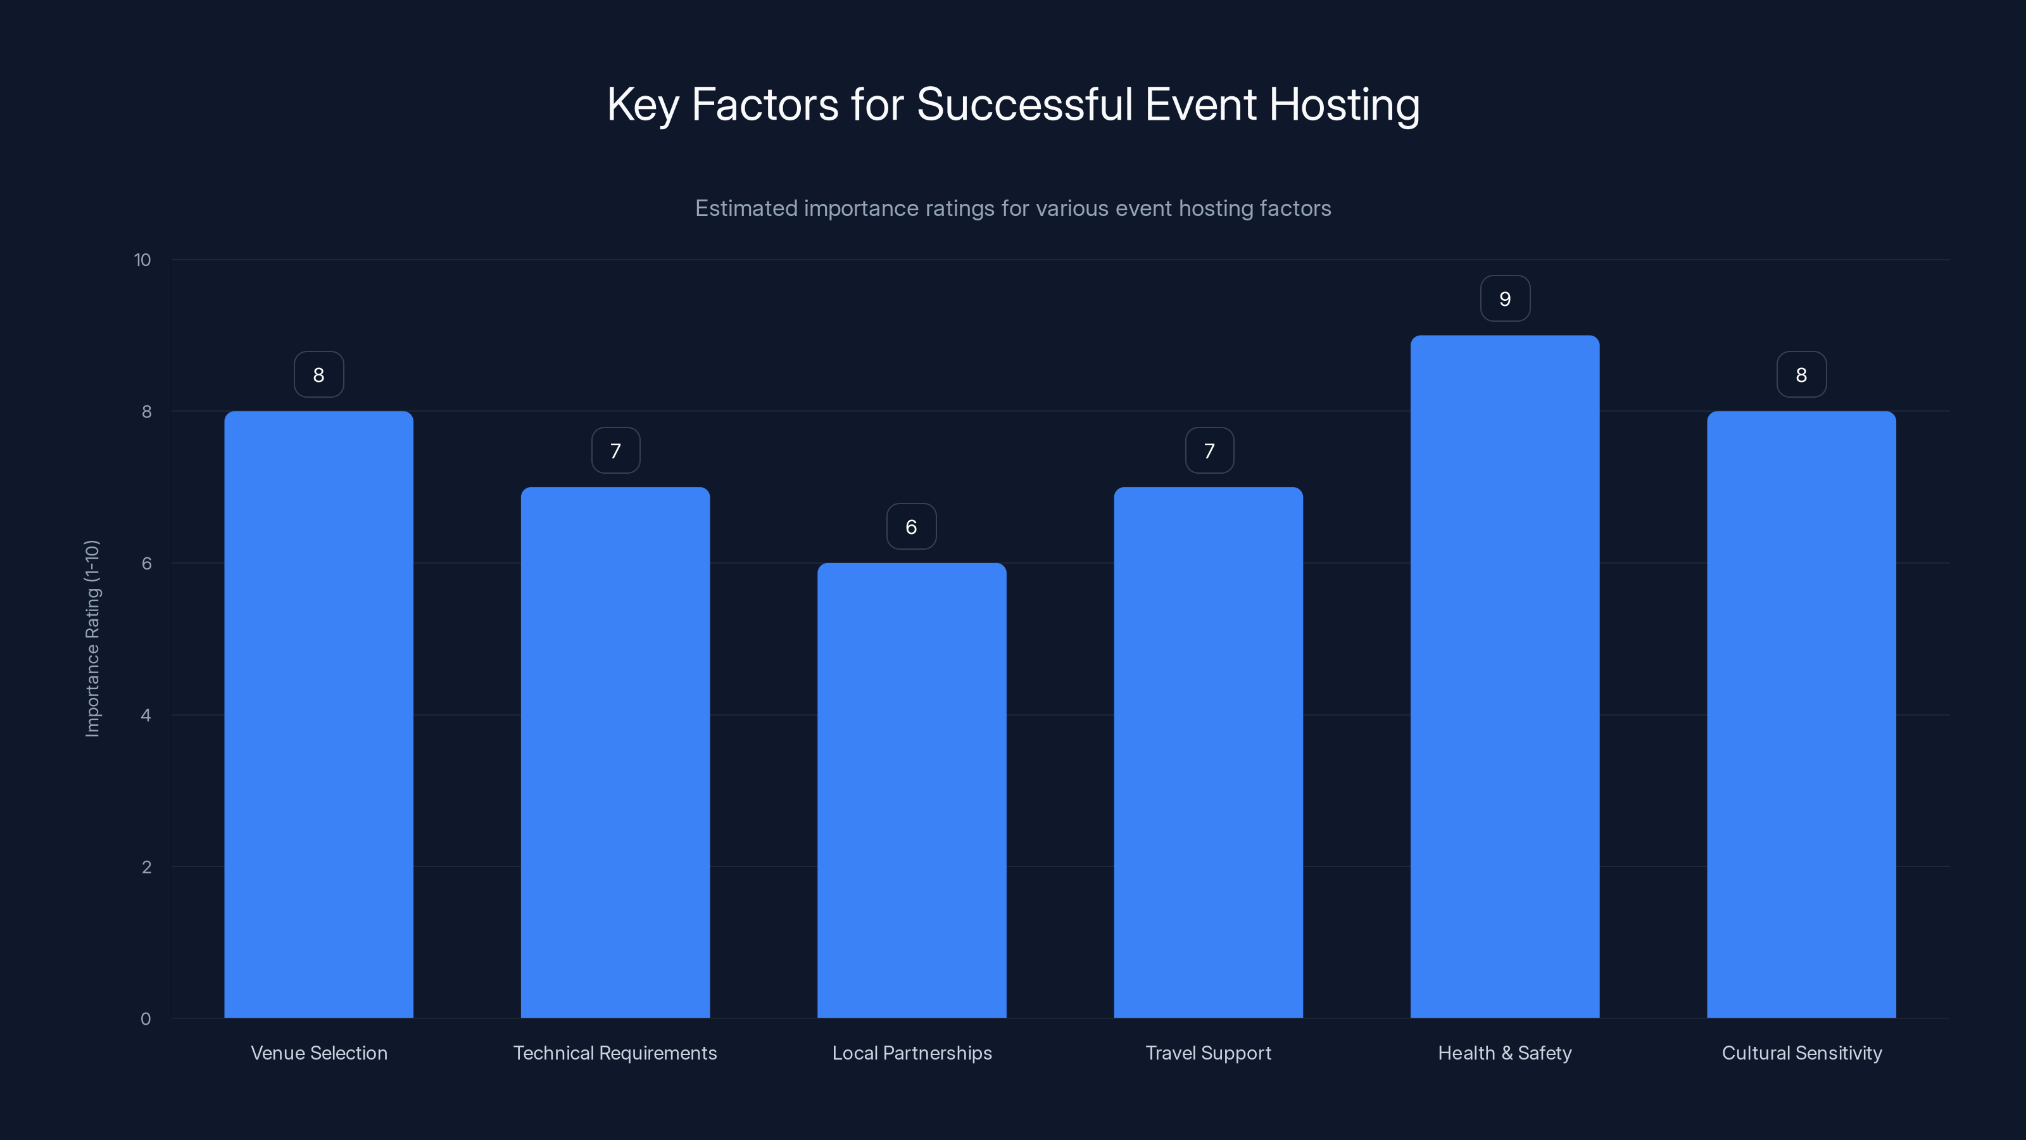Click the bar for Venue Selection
pos(318,714)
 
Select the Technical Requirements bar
pos(615,752)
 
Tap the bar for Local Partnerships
pos(912,790)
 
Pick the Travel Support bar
pos(1208,752)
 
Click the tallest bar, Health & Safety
pos(1504,676)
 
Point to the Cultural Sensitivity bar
pos(1801,714)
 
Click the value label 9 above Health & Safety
pos(1504,299)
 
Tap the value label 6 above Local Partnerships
pos(912,527)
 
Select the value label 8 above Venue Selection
pos(318,376)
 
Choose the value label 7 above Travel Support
pos(1209,451)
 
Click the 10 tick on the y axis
pos(142,260)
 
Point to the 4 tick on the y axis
pos(146,715)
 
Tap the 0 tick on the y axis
pos(146,1019)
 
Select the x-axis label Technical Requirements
pos(615,1053)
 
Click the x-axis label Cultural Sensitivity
pos(1802,1053)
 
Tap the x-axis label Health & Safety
pos(1504,1053)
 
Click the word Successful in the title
pos(1024,104)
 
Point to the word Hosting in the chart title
pos(1344,104)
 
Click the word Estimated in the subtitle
pos(746,208)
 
